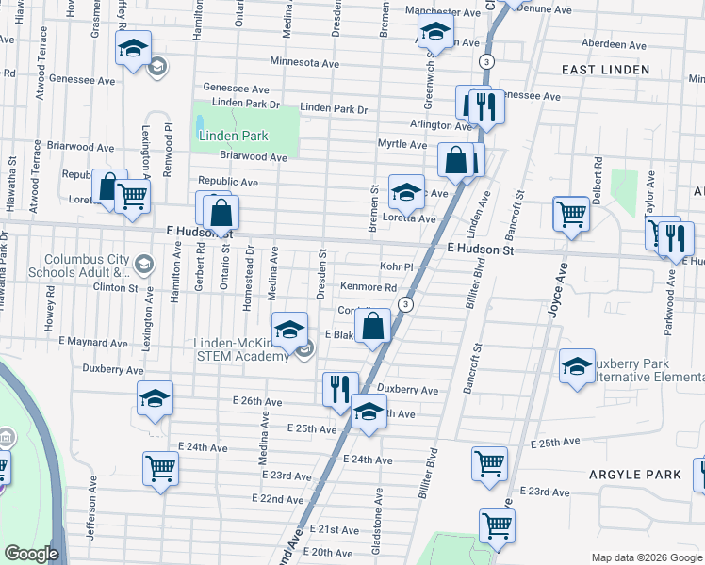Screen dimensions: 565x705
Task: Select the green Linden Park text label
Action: pos(234,136)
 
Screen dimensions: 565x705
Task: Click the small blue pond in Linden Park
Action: pos(200,122)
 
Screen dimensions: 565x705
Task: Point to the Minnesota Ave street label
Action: pos(303,62)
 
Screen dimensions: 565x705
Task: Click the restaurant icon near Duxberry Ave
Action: pos(340,389)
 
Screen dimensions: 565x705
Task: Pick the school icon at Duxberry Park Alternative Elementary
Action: pos(576,365)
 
